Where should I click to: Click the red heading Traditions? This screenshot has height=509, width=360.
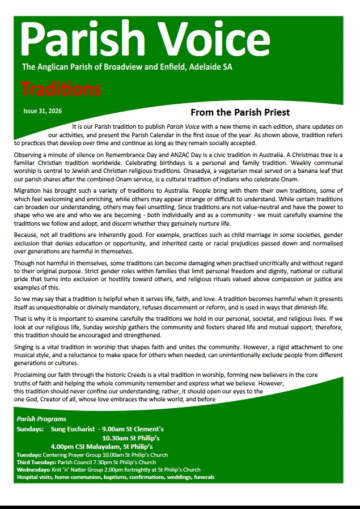point(61,89)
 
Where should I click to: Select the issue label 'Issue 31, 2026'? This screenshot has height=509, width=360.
point(43,111)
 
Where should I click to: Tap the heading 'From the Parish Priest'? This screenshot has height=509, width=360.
point(240,112)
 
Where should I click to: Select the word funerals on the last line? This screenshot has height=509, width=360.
point(203,477)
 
